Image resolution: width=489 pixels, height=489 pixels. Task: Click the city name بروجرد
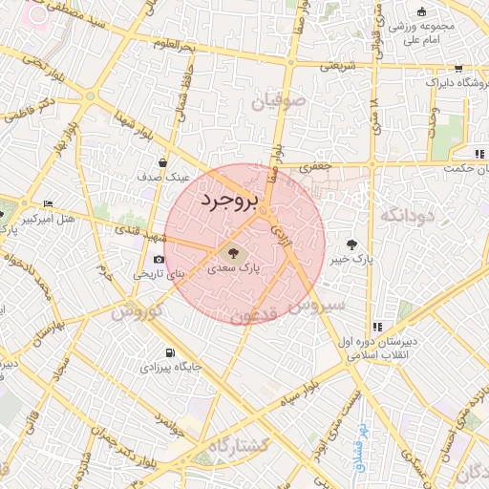point(230,202)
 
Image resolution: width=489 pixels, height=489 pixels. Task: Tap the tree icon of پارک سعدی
point(231,253)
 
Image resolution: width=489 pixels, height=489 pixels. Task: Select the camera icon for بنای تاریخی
point(159,259)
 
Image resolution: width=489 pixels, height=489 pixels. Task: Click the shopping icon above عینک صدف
point(163,162)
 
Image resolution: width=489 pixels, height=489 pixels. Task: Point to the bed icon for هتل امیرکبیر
point(49,203)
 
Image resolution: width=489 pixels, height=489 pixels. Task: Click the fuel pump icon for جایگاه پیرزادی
point(170,351)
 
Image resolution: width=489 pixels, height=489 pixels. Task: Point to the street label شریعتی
point(336,65)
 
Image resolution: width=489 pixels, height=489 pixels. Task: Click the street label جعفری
point(314,166)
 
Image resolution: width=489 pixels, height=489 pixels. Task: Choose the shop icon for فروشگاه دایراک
point(458,68)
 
